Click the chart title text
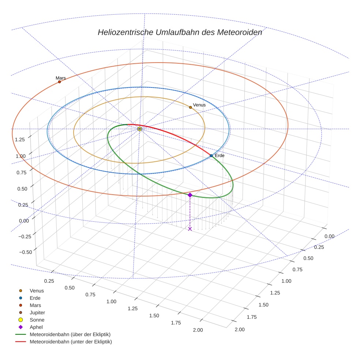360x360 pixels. (180, 32)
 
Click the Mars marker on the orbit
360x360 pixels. (59, 82)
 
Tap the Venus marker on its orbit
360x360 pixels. (190, 107)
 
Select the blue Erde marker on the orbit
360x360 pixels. (211, 156)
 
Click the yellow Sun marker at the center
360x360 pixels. (139, 129)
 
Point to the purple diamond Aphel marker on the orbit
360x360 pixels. (190, 195)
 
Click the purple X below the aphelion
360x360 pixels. (190, 229)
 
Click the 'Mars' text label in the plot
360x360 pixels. (61, 78)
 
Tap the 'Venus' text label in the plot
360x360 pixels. (199, 105)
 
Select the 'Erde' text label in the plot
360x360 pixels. (220, 156)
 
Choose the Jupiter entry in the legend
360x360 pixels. (37, 312)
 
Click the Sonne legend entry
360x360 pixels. (37, 320)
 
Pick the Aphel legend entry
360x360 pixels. (36, 327)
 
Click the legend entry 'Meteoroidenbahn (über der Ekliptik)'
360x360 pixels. (70, 334)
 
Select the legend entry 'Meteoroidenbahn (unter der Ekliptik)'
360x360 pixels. (71, 342)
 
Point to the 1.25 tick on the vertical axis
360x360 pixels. (20, 139)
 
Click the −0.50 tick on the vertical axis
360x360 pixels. (25, 252)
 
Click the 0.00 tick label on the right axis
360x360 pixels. (330, 236)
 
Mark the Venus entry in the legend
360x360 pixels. (37, 291)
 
